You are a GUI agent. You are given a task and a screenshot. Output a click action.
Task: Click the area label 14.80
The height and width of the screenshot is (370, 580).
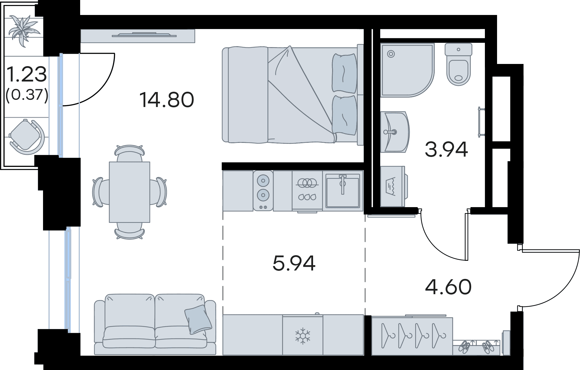click(167, 100)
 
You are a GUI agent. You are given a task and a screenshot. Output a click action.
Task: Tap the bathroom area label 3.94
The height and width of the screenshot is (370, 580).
click(446, 149)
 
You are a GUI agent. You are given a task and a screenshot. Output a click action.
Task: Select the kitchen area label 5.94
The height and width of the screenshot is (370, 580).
click(294, 263)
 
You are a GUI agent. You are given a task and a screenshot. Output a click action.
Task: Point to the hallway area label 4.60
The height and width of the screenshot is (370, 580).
click(448, 287)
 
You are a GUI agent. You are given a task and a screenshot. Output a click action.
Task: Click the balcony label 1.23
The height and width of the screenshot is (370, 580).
click(27, 74)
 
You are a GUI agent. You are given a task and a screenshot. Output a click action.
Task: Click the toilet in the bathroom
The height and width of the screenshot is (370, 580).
click(458, 64)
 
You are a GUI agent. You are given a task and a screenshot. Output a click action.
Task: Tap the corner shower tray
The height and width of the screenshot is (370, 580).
click(407, 70)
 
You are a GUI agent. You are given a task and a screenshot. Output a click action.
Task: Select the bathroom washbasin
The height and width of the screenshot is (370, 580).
click(395, 132)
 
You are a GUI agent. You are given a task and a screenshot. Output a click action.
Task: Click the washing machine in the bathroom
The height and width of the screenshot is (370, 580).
click(394, 186)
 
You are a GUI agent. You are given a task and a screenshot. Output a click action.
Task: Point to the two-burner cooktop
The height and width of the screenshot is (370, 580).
click(263, 190)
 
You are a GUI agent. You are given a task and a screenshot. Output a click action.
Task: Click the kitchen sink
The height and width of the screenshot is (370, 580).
click(342, 191)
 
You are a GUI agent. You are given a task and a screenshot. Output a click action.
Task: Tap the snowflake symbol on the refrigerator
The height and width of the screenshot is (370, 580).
click(302, 336)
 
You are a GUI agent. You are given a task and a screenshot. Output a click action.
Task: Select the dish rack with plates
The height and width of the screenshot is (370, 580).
click(307, 190)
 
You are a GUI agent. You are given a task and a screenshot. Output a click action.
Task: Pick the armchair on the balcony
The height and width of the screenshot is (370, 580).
click(27, 137)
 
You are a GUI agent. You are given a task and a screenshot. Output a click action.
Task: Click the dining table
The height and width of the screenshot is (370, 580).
click(129, 192)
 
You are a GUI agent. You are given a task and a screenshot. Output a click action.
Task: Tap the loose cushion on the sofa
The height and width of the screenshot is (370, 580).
click(198, 319)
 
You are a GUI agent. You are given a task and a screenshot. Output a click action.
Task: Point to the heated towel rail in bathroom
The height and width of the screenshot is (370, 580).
click(481, 122)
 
